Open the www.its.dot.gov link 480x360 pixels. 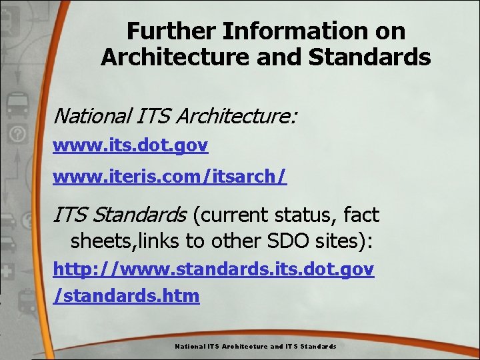click(x=131, y=145)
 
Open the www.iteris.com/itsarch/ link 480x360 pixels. click(x=170, y=176)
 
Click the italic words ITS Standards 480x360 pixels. click(x=120, y=215)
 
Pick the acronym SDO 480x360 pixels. click(x=313, y=241)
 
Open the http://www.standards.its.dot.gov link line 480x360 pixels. click(x=213, y=269)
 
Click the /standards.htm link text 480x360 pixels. click(x=126, y=295)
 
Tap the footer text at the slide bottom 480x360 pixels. click(x=255, y=347)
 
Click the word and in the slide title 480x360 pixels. click(x=279, y=57)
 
